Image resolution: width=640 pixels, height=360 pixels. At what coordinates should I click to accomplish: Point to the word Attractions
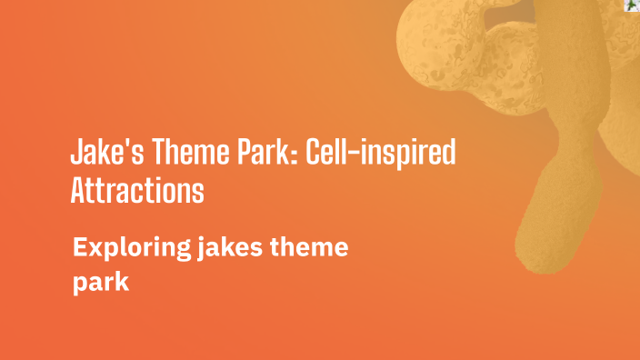pos(136,191)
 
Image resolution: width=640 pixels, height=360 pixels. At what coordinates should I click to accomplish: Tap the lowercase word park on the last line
pos(101,283)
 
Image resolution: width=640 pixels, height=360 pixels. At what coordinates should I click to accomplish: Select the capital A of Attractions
pos(78,191)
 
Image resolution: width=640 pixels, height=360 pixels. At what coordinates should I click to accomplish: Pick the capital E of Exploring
pos(80,247)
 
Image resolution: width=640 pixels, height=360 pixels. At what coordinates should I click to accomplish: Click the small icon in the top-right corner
pos(631,5)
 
